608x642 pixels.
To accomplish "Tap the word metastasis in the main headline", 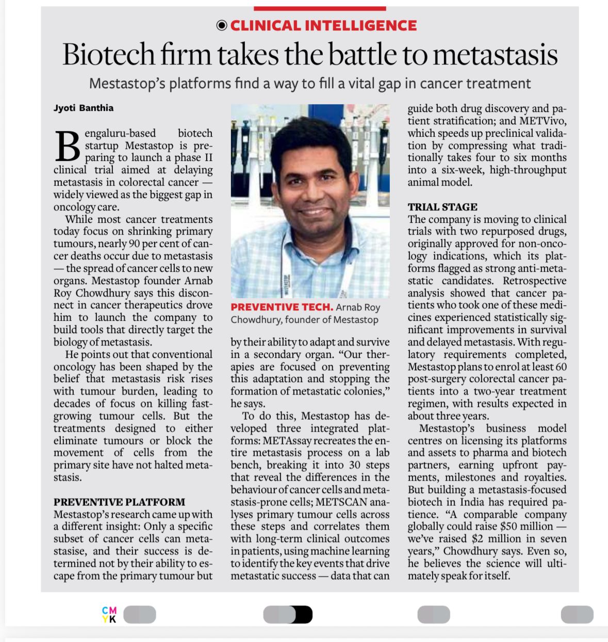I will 496,55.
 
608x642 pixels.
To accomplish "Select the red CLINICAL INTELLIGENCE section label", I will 323,25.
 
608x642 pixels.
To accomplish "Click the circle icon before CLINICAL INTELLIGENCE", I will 222,25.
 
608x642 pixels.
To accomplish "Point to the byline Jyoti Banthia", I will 84,108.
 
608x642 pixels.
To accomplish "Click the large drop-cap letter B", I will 67,146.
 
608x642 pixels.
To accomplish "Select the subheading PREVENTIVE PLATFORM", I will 119,502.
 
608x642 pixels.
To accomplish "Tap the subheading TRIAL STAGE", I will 442,207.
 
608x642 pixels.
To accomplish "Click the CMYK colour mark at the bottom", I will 109,615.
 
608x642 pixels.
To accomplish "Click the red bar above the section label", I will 320,8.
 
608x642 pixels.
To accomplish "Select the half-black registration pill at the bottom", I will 288,615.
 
